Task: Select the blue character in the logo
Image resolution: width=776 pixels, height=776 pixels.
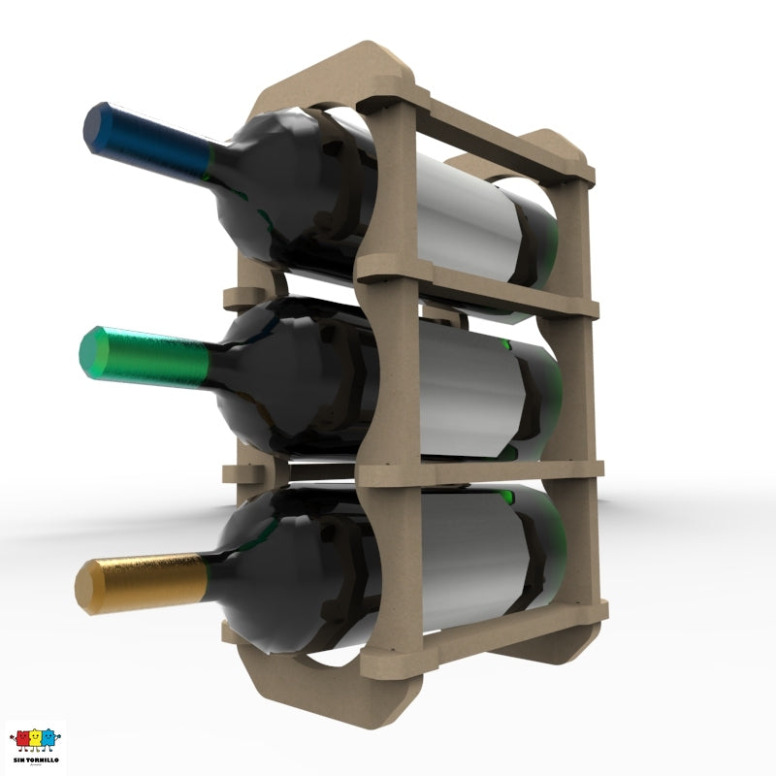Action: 49,740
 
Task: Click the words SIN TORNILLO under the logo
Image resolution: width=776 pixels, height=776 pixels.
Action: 35,759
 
